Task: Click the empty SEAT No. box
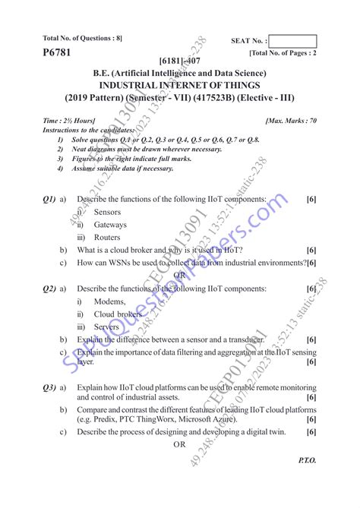292,41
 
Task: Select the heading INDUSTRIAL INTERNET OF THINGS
179,86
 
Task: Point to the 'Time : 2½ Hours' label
69,121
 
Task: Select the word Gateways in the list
110,225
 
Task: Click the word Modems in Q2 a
111,301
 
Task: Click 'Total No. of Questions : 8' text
82,38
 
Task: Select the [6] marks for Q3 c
311,432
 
